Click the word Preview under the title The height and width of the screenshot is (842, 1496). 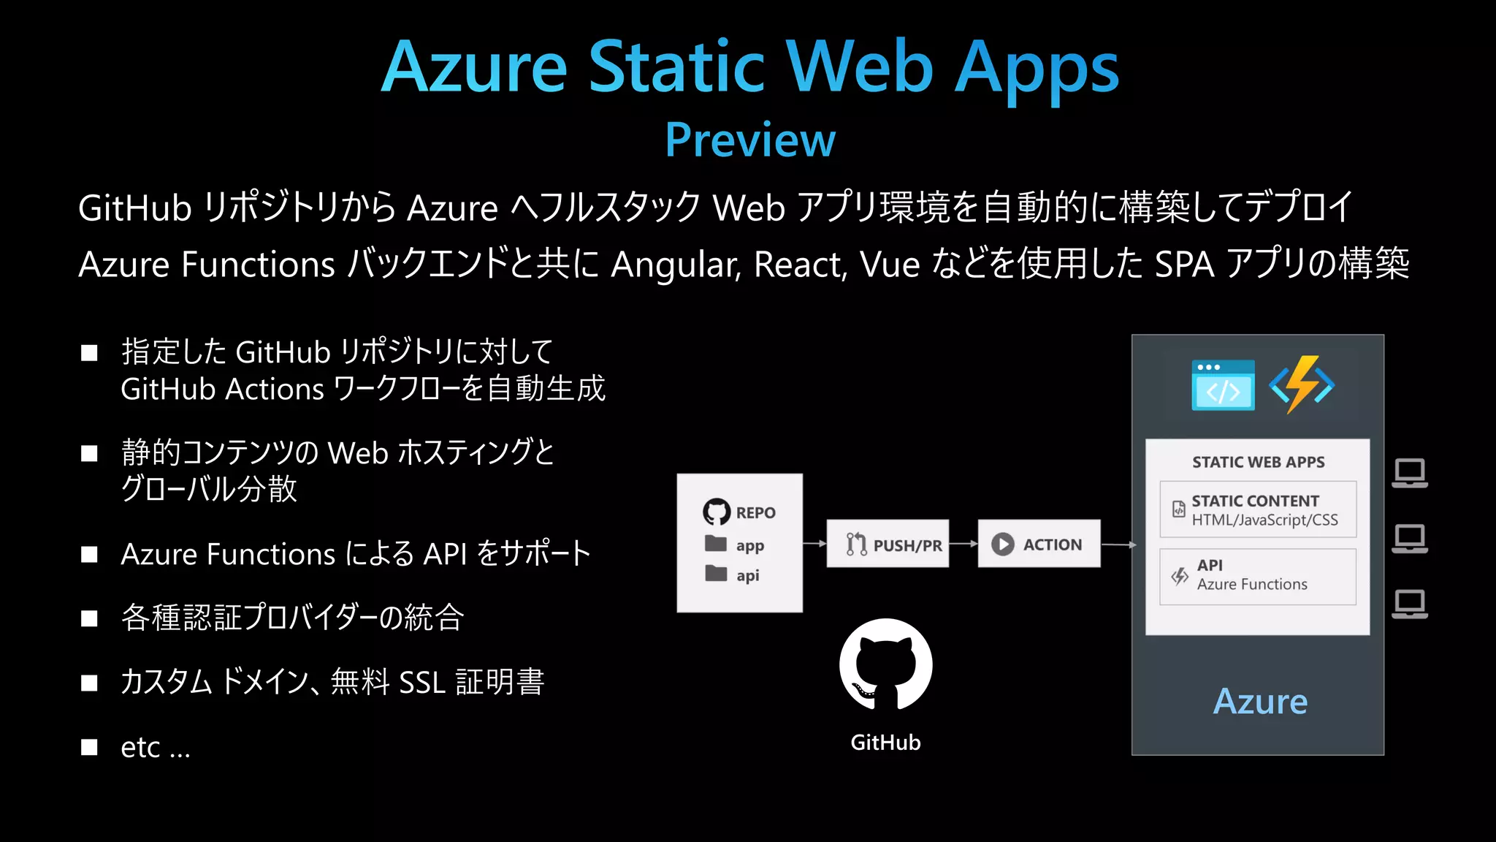(749, 140)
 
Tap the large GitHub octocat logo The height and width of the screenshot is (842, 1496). (885, 664)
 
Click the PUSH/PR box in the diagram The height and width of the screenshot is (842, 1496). (888, 544)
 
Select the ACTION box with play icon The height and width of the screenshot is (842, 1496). (1039, 544)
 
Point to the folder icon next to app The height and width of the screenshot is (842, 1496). (716, 544)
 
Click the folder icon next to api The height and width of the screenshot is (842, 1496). (716, 574)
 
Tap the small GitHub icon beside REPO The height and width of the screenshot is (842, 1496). (716, 512)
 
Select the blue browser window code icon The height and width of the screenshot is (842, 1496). (1223, 385)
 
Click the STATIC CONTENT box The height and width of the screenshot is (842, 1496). (1257, 509)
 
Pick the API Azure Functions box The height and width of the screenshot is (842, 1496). (1257, 576)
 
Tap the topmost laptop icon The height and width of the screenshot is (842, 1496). (1409, 474)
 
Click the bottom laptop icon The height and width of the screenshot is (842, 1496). (1409, 604)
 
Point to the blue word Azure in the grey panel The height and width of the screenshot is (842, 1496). (1260, 702)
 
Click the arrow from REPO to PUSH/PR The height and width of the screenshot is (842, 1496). (814, 543)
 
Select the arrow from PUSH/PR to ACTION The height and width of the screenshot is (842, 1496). (963, 543)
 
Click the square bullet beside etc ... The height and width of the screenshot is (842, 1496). (89, 747)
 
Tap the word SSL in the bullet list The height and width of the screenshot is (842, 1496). (422, 683)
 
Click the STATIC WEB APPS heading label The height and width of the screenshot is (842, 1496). (1258, 462)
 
